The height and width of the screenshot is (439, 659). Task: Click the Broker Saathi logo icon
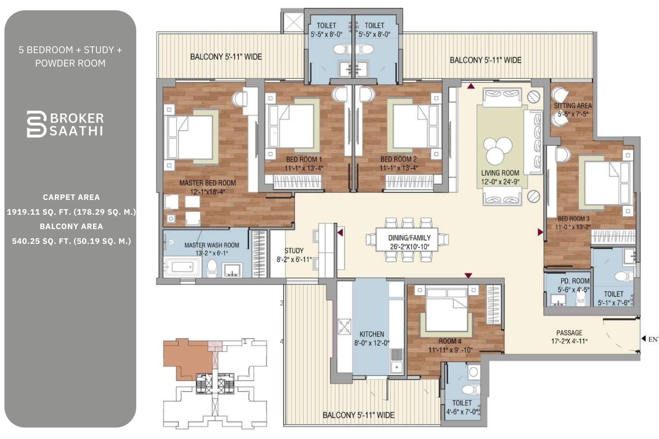[36, 124]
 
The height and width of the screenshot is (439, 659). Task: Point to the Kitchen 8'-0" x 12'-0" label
[372, 338]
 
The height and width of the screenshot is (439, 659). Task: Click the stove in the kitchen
[344, 327]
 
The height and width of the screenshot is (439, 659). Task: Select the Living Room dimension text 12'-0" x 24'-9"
[500, 182]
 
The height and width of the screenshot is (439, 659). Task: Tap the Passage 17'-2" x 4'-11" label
[569, 337]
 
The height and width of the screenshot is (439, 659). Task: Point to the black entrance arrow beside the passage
[644, 339]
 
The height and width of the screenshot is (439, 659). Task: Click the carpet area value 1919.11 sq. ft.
[71, 212]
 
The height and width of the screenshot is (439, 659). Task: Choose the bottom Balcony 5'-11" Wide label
[358, 415]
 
